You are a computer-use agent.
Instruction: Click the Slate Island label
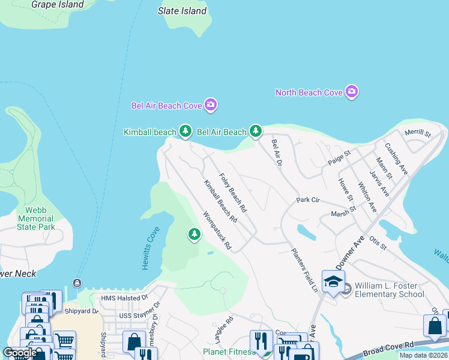click(182, 11)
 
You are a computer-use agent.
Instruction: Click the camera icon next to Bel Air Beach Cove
click(210, 105)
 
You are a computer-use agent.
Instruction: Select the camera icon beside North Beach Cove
click(352, 92)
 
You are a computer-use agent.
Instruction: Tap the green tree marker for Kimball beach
click(185, 131)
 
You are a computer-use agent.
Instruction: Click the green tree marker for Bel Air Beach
click(256, 131)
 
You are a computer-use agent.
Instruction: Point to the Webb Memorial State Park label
click(36, 220)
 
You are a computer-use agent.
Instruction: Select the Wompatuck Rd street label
click(217, 230)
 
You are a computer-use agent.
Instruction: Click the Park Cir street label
click(307, 200)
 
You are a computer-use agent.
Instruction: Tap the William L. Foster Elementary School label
click(389, 290)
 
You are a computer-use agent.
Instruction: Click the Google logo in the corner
click(20, 353)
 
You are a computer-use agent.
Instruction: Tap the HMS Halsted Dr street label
click(124, 298)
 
